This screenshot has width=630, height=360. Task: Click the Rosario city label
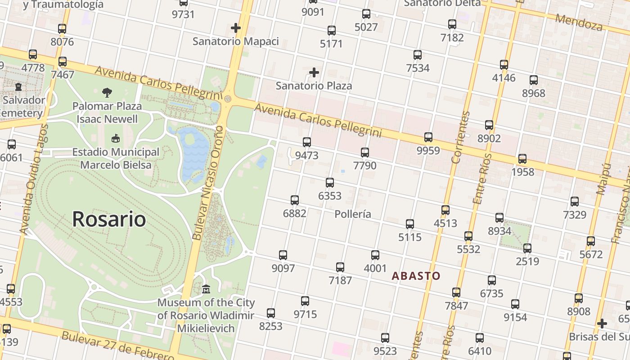tap(109, 219)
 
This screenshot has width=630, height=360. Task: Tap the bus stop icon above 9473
tap(307, 142)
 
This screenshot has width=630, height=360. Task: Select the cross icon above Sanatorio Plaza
tap(314, 72)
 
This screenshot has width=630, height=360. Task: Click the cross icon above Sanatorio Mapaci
tap(236, 28)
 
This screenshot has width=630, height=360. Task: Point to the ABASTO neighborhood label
tap(416, 276)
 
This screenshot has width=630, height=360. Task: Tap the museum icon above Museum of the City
tap(206, 289)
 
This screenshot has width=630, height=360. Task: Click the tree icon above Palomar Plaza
tap(107, 93)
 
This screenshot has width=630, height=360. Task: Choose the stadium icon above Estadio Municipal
tap(116, 138)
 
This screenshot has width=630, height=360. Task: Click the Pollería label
tap(353, 214)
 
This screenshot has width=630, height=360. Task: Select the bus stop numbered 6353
tap(330, 183)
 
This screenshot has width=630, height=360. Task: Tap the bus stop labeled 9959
tap(428, 137)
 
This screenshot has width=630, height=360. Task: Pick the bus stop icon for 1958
tap(522, 159)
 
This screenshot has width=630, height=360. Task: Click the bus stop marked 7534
tap(418, 55)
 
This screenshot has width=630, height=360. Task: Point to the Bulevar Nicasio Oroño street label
tap(208, 182)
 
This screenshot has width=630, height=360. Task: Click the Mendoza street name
tap(579, 22)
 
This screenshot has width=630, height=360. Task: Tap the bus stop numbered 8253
tap(271, 313)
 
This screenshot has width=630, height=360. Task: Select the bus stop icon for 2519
tap(527, 248)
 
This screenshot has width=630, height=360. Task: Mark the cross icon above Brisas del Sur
tap(602, 324)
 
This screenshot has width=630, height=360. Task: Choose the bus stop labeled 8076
tap(62, 29)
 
